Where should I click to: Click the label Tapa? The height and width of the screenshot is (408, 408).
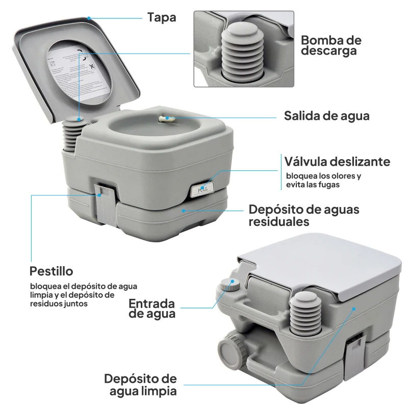click(162, 17)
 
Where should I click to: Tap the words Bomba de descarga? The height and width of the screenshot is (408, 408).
click(331, 45)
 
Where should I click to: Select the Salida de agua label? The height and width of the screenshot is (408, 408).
click(326, 116)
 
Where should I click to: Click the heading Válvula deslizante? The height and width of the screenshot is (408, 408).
click(337, 162)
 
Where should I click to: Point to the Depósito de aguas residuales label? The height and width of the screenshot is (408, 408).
click(304, 216)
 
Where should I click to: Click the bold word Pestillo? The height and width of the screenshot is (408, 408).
click(51, 270)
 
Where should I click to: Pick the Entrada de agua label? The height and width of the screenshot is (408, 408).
click(152, 309)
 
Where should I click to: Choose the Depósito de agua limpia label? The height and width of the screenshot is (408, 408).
click(141, 385)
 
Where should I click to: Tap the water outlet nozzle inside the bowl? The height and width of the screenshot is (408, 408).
click(166, 118)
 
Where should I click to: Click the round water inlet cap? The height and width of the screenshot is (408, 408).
click(228, 284)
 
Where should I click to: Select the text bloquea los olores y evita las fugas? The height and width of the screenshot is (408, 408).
click(323, 181)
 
